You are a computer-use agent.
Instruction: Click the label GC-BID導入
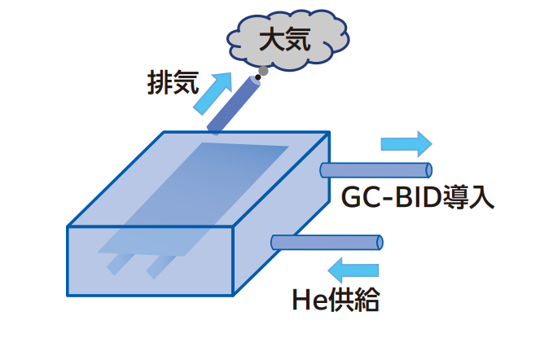(416, 196)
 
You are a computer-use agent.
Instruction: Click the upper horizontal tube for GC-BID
(375, 169)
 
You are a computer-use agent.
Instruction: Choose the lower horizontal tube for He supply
(326, 242)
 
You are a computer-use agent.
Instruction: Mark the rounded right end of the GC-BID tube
(428, 169)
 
